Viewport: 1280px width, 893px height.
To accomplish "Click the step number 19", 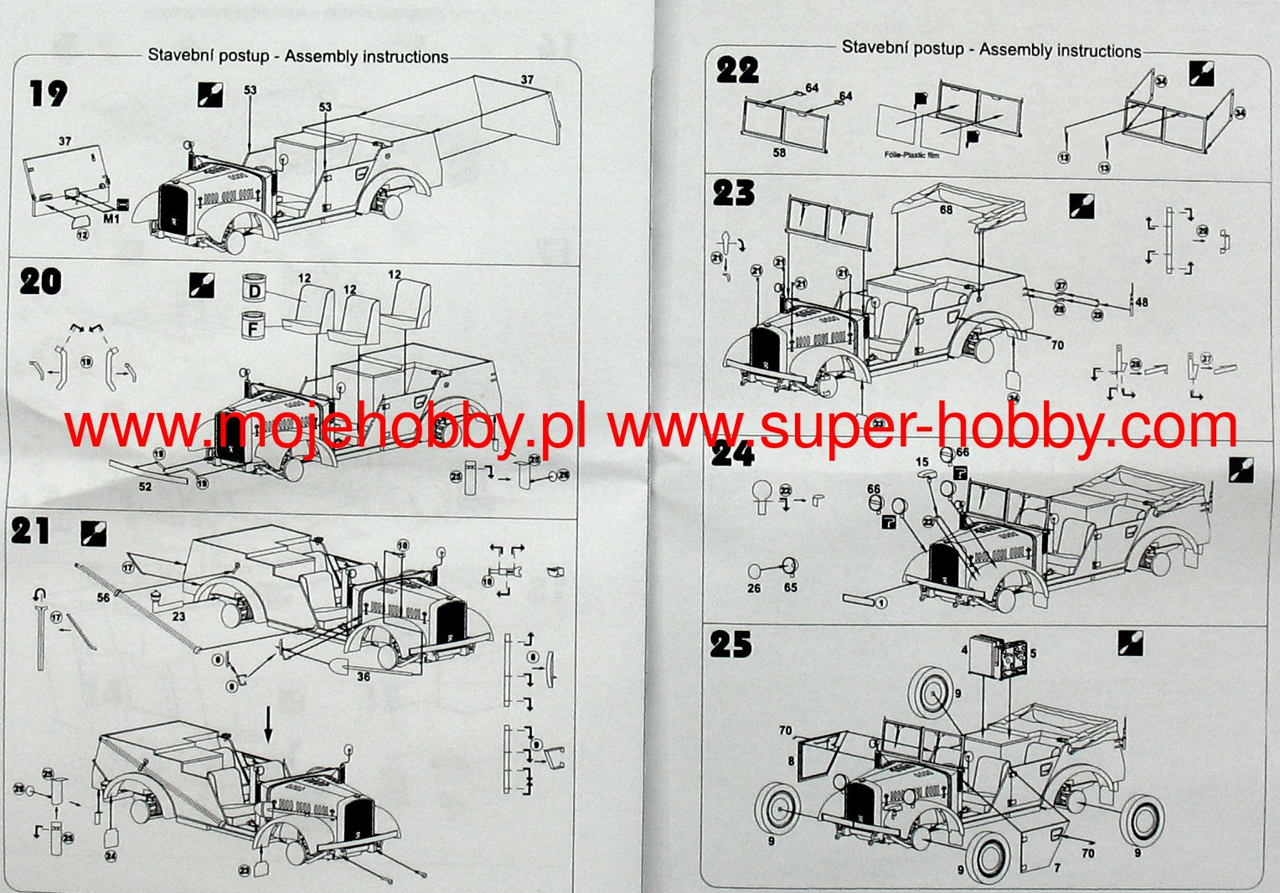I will (48, 93).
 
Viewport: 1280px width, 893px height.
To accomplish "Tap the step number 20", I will (40, 281).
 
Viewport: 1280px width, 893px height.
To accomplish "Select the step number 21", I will (31, 531).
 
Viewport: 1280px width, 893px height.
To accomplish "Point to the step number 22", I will (737, 70).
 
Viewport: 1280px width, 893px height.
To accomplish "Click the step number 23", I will (734, 193).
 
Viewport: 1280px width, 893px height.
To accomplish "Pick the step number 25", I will (731, 644).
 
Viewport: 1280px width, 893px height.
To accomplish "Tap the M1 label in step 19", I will (111, 219).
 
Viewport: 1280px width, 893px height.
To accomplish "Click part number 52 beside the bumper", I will (145, 487).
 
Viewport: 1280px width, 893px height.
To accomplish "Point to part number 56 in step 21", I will (103, 597).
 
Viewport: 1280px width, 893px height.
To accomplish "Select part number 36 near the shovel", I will (364, 676).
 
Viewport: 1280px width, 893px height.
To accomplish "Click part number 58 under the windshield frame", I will (779, 152).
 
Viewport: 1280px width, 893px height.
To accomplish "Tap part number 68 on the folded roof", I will (946, 209).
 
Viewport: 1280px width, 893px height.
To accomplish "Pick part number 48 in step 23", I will (1141, 302).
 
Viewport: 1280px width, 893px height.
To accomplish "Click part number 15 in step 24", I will (922, 462).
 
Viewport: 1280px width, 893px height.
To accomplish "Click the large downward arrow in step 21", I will (268, 725).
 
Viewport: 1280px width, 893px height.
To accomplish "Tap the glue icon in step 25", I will (1131, 643).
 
